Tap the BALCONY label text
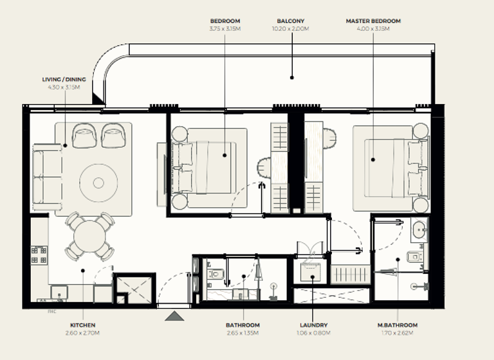pyautogui.click(x=291, y=21)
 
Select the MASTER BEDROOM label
pyautogui.click(x=373, y=21)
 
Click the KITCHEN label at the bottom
pyautogui.click(x=82, y=325)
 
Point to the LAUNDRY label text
pyautogui.click(x=313, y=325)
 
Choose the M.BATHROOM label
pyautogui.click(x=397, y=325)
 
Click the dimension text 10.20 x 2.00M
pyautogui.click(x=291, y=28)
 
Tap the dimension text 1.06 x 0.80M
pyautogui.click(x=313, y=333)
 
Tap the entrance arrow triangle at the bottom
pyautogui.click(x=175, y=315)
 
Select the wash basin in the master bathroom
pyautogui.click(x=419, y=228)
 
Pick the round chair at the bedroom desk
pyautogui.click(x=266, y=170)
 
